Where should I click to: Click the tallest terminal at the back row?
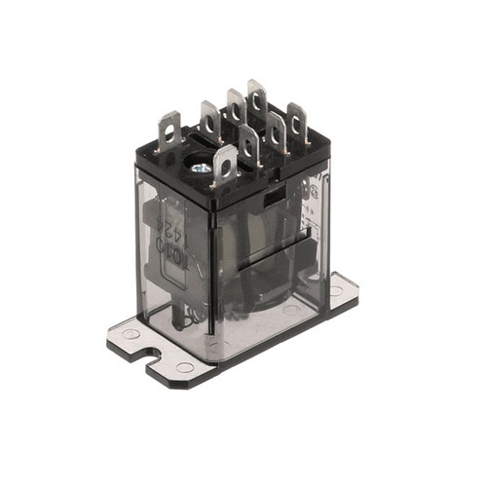[257, 98]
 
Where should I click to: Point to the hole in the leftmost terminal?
[171, 125]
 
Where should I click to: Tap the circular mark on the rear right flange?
[336, 290]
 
